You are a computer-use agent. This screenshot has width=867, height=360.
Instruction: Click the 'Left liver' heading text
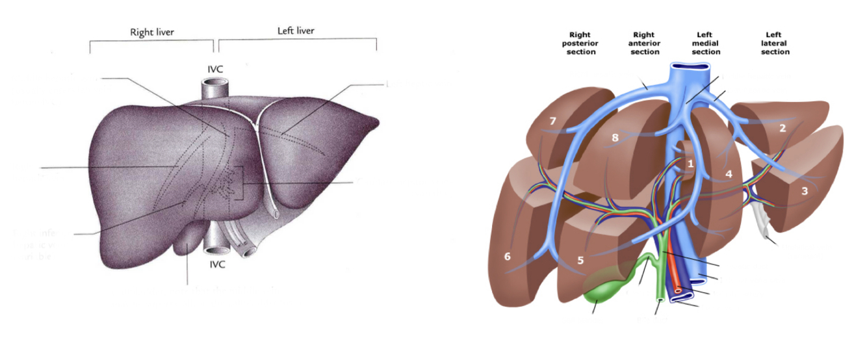click(296, 31)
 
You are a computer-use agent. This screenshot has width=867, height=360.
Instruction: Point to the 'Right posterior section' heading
click(581, 43)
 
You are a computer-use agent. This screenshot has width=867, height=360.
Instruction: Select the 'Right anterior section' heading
click(645, 43)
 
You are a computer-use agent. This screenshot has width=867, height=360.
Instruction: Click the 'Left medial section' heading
click(706, 43)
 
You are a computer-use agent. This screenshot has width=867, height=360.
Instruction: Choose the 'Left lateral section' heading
click(775, 43)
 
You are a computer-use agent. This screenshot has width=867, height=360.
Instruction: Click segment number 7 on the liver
click(553, 122)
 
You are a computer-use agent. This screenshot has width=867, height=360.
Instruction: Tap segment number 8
click(614, 137)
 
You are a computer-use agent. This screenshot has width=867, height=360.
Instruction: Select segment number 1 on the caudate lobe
click(691, 164)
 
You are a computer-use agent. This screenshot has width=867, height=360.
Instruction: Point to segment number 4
click(729, 174)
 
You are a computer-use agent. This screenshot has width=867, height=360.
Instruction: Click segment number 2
click(783, 128)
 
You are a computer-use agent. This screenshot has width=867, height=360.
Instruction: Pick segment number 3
click(805, 191)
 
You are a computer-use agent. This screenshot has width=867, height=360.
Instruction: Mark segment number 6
click(508, 257)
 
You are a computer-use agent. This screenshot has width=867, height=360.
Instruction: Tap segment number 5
click(581, 261)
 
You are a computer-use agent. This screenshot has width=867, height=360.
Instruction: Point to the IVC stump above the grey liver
click(214, 88)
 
